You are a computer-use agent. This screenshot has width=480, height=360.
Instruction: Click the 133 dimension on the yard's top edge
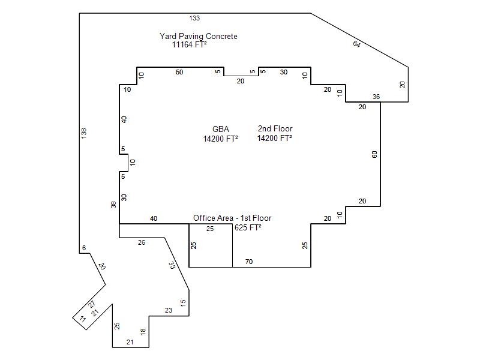194,18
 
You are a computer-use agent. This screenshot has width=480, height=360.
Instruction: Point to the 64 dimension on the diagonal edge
356,44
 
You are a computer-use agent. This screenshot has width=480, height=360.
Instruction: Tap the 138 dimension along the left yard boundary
84,133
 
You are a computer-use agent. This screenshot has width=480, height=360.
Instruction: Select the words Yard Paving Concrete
199,36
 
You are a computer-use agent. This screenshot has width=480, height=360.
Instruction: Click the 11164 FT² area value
189,44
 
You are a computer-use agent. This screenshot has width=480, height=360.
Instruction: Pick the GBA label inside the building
221,129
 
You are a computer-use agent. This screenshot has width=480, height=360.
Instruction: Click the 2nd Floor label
275,128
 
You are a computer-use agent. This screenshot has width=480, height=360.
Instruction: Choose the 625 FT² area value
248,227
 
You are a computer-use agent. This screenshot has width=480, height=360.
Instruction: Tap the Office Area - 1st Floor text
232,218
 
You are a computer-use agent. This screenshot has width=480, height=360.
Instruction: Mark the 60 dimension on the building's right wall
374,155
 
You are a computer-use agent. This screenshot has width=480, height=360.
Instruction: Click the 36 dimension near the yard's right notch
376,97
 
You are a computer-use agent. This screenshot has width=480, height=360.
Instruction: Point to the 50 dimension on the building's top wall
179,72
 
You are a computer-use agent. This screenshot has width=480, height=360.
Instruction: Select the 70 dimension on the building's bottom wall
249,262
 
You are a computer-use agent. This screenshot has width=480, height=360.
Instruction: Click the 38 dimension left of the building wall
113,205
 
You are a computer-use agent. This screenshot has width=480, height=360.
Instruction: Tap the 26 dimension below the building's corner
142,242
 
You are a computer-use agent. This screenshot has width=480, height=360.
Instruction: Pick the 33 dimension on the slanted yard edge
172,265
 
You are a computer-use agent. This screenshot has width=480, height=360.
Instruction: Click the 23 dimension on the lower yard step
169,310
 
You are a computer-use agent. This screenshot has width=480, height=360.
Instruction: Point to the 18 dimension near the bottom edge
143,332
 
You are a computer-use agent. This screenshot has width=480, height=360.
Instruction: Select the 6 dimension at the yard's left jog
84,248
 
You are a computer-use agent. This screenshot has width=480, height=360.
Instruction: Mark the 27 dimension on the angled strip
92,304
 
